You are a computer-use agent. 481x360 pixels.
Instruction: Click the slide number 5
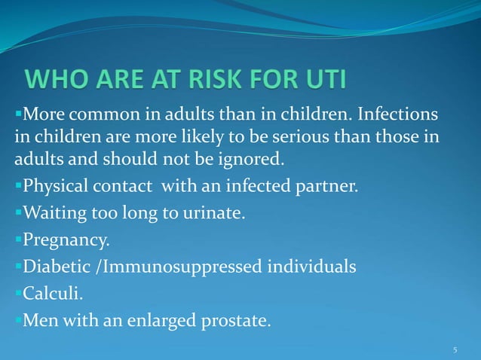[x=455, y=350]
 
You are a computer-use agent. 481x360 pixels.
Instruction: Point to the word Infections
[x=397, y=117]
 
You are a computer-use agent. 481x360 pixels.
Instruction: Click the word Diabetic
[x=57, y=267]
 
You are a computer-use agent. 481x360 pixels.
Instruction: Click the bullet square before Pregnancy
[x=18, y=240]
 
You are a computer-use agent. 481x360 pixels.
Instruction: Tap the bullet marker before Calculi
[x=18, y=294]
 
